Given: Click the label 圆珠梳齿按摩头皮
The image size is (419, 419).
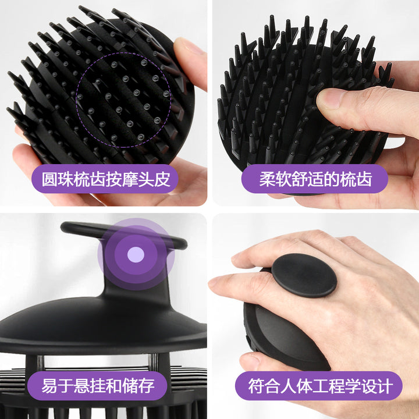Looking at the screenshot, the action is click(106, 179).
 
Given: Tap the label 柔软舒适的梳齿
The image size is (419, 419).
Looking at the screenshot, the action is click(315, 179).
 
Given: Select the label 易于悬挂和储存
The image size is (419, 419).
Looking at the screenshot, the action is click(98, 386).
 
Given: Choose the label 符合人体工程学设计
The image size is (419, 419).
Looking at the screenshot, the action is click(321, 386).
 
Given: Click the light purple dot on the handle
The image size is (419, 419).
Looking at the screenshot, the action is click(136, 254).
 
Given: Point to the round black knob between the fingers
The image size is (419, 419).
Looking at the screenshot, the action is click(304, 275).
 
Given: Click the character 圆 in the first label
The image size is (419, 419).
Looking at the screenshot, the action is click(49, 179).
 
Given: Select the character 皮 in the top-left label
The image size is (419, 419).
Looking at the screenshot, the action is click(162, 179).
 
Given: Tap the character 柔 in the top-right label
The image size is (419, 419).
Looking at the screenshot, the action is click(267, 179).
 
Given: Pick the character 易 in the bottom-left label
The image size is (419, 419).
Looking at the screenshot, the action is click(49, 386).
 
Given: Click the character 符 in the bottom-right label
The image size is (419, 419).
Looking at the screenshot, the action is click(256, 386).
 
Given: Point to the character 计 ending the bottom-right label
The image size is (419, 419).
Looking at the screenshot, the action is click(385, 386).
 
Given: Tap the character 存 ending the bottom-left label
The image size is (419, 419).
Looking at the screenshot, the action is click(147, 386).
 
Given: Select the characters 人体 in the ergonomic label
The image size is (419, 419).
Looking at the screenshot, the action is click(296, 386).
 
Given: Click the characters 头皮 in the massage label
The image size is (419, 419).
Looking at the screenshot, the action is click(154, 179).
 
